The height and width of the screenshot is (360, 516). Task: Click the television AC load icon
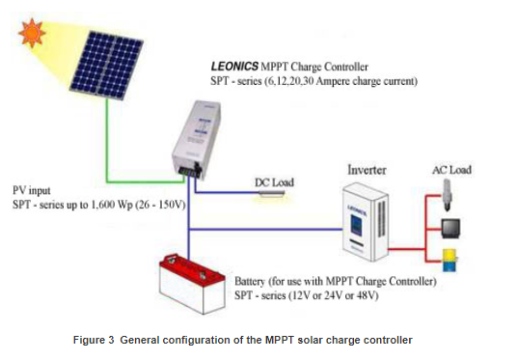[448, 230]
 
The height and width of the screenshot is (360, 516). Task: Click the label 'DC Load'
[275, 181]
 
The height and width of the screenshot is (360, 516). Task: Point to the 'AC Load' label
[450, 170]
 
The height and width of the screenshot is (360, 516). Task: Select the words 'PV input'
[32, 187]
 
